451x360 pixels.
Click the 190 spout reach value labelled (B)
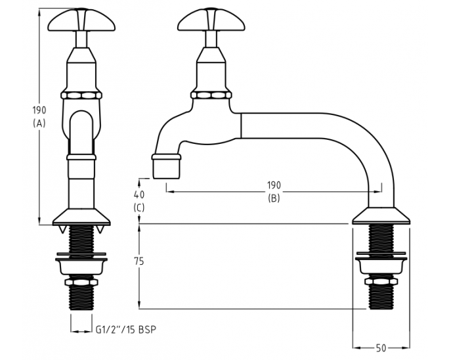273,186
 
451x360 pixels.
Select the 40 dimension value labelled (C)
139,194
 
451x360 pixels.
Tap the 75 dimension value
139,261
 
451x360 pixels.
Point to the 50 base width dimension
381,348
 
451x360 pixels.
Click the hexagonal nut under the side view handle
211,95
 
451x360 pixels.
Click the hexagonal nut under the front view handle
81,95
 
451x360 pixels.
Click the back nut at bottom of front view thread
81,284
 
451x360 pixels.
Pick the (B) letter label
273,198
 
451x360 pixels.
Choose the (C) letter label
139,207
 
